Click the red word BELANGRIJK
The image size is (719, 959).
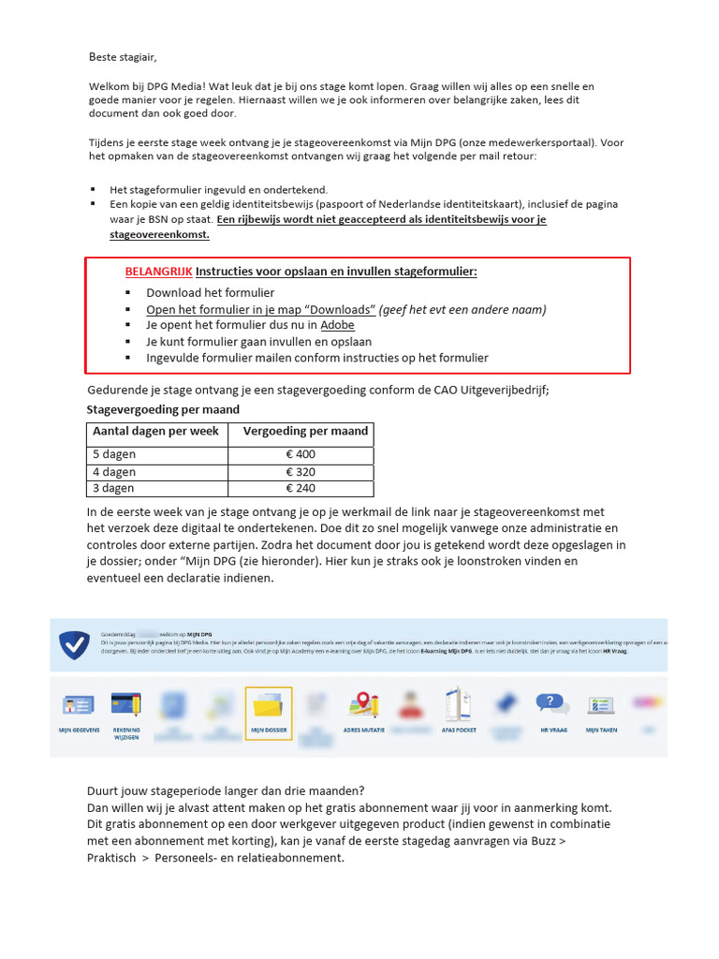click(x=159, y=272)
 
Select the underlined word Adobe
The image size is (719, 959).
click(x=337, y=326)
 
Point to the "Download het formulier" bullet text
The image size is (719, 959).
click(x=210, y=293)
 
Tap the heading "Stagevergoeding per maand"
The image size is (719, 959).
click(x=163, y=409)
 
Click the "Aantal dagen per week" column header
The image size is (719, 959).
click(x=155, y=432)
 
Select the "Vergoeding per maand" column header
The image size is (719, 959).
click(x=305, y=432)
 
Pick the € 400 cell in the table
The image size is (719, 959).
click(x=301, y=455)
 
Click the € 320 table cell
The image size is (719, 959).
click(x=301, y=472)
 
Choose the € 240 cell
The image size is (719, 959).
click(x=301, y=488)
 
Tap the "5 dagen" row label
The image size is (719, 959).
click(x=113, y=455)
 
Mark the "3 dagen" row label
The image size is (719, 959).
click(x=113, y=488)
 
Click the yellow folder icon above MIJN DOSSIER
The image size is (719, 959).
click(x=269, y=705)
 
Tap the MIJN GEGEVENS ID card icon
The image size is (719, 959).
click(x=78, y=705)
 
